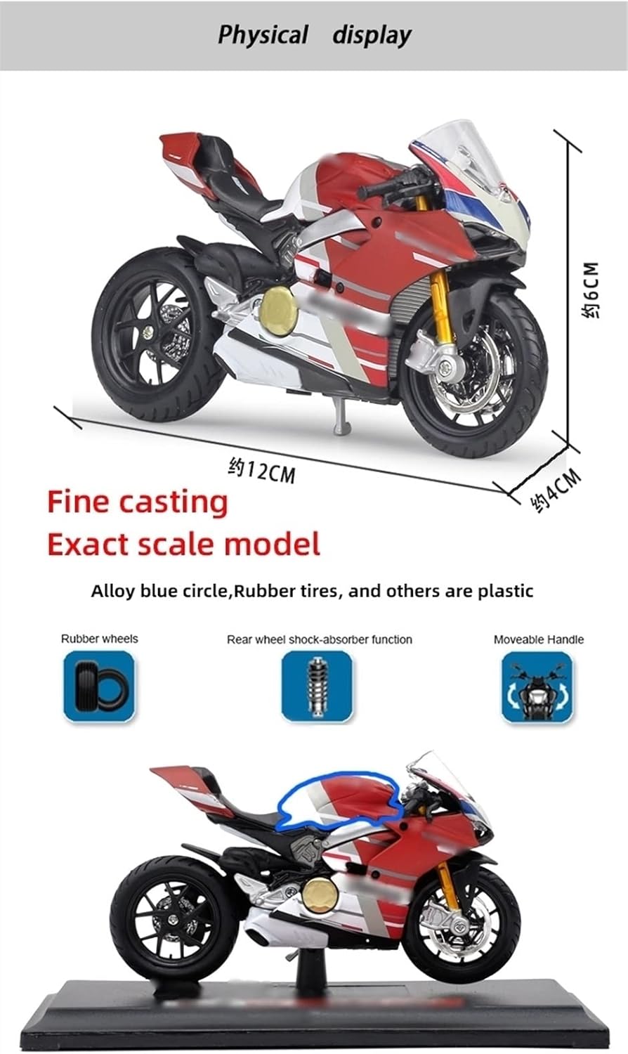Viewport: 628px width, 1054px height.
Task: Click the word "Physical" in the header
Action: [x=263, y=34]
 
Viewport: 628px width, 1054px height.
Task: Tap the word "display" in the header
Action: [x=372, y=34]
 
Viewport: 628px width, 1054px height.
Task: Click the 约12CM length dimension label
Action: [x=262, y=471]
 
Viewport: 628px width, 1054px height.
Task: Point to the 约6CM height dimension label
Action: [x=591, y=290]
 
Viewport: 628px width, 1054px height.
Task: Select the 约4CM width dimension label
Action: [x=556, y=490]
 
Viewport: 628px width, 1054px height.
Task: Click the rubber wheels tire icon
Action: [x=98, y=687]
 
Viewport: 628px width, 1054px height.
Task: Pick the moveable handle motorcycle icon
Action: [x=537, y=687]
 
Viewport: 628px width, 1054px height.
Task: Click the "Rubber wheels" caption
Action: [x=99, y=639]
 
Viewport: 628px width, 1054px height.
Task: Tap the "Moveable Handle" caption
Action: [x=538, y=639]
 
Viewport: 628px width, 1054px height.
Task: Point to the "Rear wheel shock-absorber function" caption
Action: [x=319, y=639]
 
